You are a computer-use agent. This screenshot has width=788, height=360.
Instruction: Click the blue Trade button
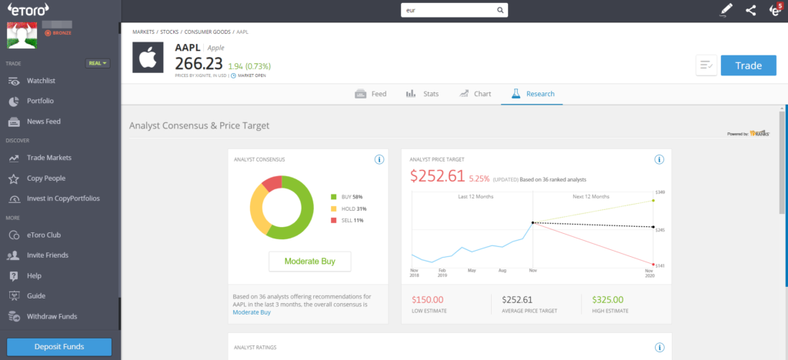coord(748,65)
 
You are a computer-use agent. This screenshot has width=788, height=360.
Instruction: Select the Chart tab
coord(475,94)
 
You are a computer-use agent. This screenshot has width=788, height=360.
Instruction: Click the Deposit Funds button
coord(59,346)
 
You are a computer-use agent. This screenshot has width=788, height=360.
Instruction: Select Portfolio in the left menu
coord(39,101)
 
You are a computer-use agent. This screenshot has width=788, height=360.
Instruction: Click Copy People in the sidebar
coord(46,178)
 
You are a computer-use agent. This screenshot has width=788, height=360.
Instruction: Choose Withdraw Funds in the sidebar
coord(52,316)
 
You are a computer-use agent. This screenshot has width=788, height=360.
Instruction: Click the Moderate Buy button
coord(309,261)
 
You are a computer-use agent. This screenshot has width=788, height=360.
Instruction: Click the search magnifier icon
coord(500,10)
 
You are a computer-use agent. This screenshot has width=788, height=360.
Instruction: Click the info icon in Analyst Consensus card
coord(379,159)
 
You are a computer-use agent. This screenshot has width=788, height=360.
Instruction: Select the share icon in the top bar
coord(751,10)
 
